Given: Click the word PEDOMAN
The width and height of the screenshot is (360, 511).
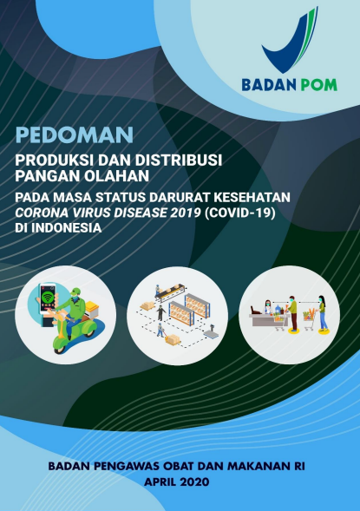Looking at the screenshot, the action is pos(75,135).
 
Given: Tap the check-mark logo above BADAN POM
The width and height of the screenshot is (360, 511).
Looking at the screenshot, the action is pos(290,41).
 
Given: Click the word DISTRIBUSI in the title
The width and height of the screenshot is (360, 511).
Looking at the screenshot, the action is pos(179,161).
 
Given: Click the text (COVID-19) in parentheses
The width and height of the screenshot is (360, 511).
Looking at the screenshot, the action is pos(240,213).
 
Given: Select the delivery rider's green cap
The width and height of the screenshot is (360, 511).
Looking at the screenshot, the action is pos(75,291).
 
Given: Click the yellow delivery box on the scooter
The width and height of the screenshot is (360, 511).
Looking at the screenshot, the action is pos(92,310).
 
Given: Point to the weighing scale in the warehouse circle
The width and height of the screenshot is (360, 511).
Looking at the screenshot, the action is pos(211,331).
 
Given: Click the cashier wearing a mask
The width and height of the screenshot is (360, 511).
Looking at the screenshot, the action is pos(268,306).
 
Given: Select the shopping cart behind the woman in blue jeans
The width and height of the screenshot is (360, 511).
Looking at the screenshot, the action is pos(309,320).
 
